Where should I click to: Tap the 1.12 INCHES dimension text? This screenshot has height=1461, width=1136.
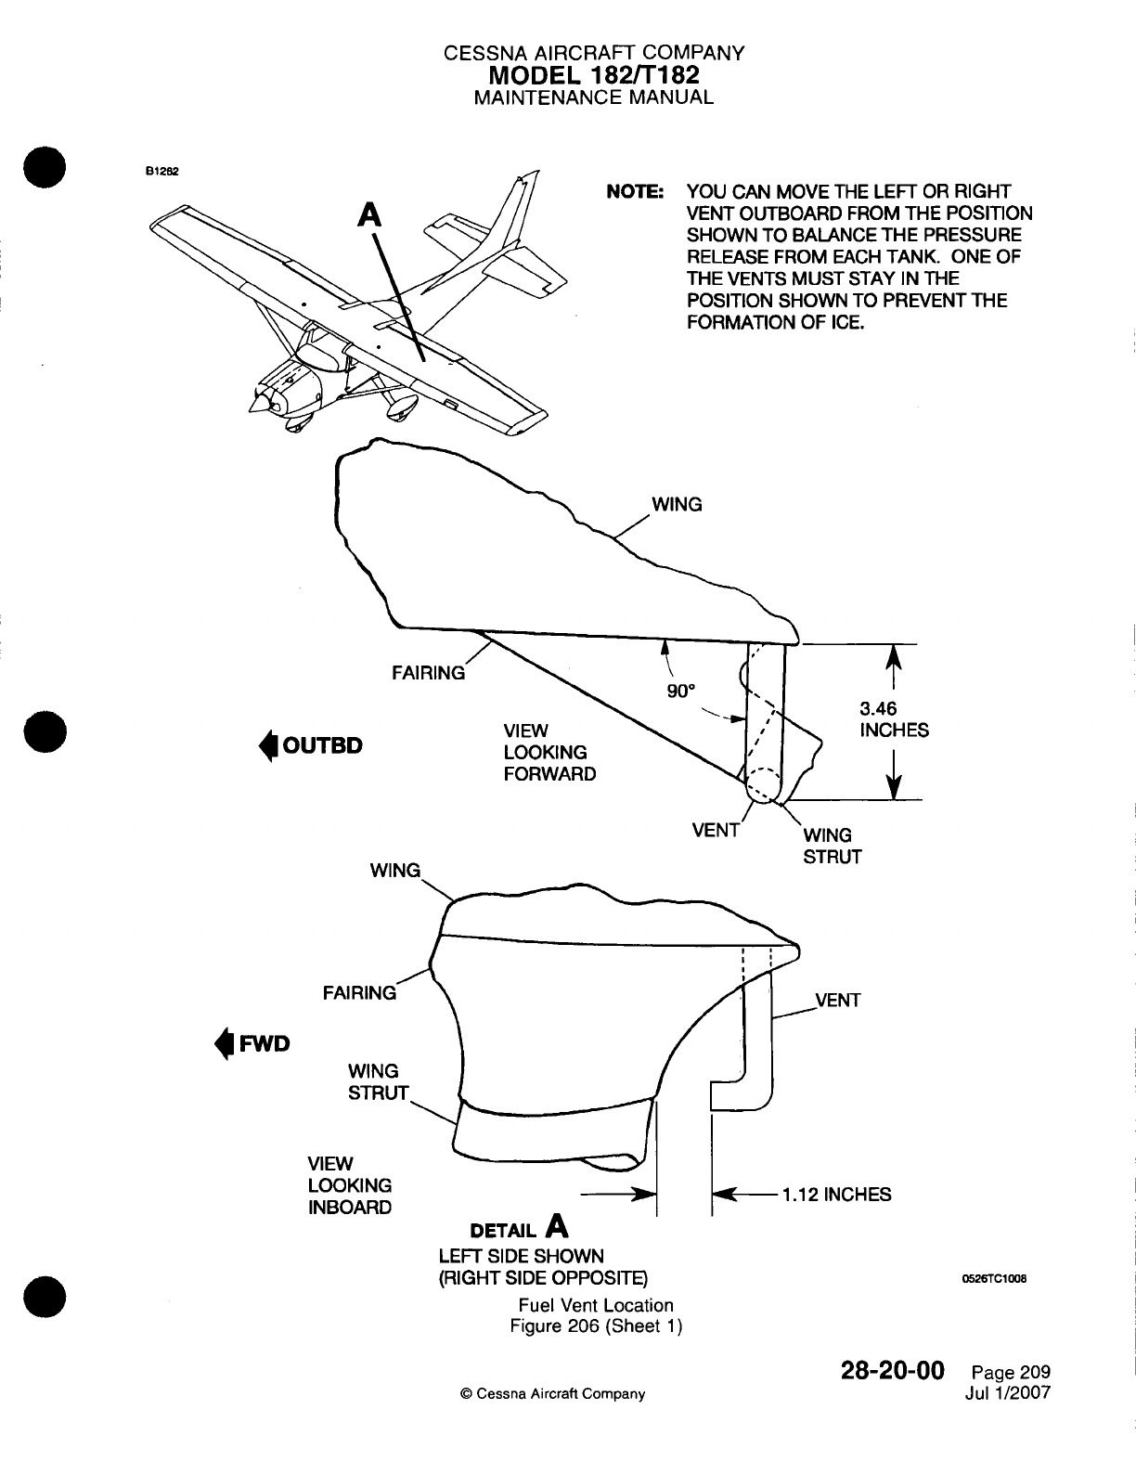coord(835,1195)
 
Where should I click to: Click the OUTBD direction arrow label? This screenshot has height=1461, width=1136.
coord(311,745)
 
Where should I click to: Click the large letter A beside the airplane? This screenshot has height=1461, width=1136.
coord(370,214)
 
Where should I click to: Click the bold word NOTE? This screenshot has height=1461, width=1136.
coord(635,192)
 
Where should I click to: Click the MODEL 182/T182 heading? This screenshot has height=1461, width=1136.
coord(593,74)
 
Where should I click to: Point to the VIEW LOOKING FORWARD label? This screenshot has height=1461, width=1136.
coord(549,752)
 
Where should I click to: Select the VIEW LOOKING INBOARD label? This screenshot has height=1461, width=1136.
coord(350,1185)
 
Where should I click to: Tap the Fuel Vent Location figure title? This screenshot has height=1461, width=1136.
coord(596,1305)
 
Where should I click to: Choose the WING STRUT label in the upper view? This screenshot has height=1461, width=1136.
coord(832,846)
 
